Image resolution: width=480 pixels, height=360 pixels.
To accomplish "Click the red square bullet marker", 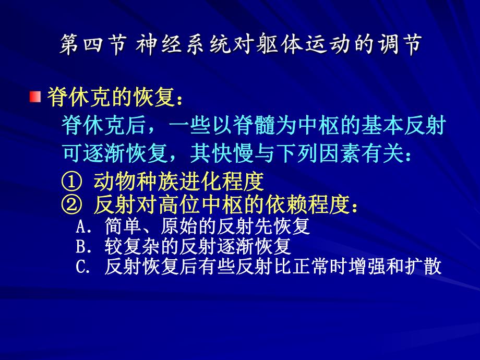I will (35, 97).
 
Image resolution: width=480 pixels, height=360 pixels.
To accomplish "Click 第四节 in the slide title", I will (91, 46).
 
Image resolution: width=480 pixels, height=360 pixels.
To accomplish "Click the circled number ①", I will (71, 182).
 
